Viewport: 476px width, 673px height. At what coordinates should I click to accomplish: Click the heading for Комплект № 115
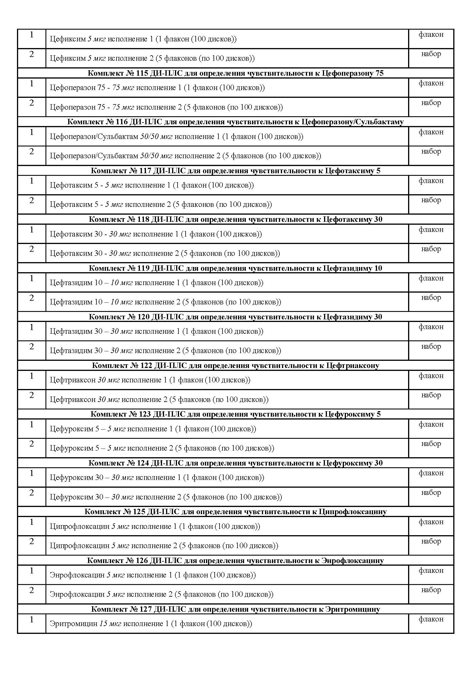pyautogui.click(x=235, y=73)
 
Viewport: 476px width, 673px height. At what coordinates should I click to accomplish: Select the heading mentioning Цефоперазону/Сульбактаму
pyautogui.click(x=235, y=122)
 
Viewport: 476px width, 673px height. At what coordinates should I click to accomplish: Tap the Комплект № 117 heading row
pyautogui.click(x=235, y=171)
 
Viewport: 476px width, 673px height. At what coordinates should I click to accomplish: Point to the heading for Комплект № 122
pyautogui.click(x=235, y=365)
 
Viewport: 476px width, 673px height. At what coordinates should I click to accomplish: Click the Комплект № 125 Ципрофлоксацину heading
pyautogui.click(x=235, y=512)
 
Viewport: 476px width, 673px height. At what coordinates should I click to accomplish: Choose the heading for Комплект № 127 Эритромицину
pyautogui.click(x=235, y=609)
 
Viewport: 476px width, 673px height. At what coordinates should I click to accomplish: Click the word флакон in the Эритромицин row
pyautogui.click(x=431, y=619)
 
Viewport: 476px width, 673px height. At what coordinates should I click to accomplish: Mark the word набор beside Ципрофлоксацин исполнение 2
pyautogui.click(x=431, y=541)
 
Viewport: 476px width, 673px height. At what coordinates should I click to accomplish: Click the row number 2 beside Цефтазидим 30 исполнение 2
pyautogui.click(x=32, y=346)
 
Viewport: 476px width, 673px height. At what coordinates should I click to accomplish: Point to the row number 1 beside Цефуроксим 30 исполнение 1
pyautogui.click(x=32, y=473)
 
